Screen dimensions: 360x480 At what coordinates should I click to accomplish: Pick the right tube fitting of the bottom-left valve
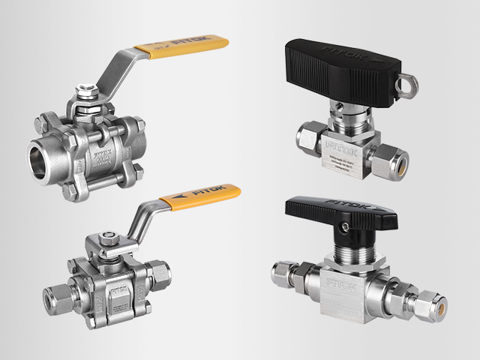[x=159, y=271]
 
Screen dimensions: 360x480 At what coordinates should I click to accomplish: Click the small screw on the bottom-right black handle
[x=347, y=223]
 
